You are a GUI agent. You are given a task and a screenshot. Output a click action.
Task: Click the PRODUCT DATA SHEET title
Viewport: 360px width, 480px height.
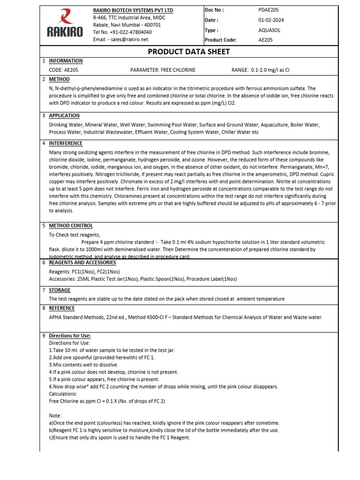tap(182, 52)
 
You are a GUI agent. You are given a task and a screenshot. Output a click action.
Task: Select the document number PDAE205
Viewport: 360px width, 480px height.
tap(269, 10)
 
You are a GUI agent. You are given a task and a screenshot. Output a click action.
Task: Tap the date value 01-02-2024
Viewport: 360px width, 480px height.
tap(271, 20)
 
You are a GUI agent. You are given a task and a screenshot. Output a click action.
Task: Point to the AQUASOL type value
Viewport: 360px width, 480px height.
tap(270, 30)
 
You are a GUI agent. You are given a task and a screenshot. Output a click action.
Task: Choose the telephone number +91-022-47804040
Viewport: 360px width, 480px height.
tap(129, 32)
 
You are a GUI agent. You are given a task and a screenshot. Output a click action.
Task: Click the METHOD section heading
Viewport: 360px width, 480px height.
tap(59, 80)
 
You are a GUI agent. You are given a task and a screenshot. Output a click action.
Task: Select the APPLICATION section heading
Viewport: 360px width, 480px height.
tap(64, 116)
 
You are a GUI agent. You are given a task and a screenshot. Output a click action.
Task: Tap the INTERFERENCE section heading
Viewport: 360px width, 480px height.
tap(66, 143)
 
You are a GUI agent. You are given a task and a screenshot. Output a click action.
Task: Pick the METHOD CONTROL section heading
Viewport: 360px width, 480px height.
tap(71, 226)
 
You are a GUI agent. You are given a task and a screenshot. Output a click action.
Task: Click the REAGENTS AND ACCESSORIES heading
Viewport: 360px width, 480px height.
tap(82, 262)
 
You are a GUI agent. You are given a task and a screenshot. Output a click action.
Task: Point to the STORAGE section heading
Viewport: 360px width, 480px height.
tap(60, 290)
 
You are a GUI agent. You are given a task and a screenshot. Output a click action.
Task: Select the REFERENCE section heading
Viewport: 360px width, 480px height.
tap(62, 308)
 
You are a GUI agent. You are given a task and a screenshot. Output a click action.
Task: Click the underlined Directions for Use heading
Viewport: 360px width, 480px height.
tap(70, 336)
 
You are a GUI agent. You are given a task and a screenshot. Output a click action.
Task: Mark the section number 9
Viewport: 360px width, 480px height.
tap(44, 336)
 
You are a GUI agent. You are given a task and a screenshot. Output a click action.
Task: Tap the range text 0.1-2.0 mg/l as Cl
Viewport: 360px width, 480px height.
tap(261, 70)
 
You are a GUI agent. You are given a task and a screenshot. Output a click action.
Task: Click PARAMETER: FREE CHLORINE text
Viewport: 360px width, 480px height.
tap(163, 70)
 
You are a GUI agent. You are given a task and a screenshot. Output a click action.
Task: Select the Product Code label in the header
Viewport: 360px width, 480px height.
tap(220, 40)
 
